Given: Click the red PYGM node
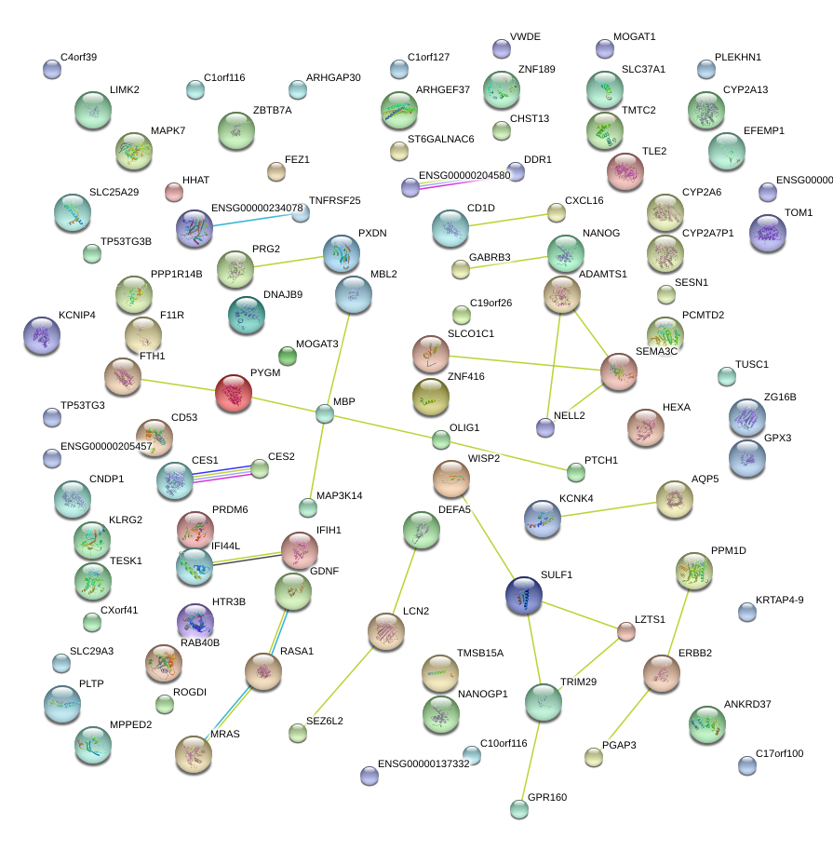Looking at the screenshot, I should point(234,394).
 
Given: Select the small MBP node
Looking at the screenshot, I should point(324,413).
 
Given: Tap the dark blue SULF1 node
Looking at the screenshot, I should point(524,596).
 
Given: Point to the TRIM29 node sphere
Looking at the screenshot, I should point(544,703).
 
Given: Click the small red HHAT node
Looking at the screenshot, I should point(174,193).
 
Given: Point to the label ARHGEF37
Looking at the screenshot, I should point(443,89).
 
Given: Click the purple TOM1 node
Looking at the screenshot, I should point(768,233).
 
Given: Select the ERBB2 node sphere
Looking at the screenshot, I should point(662,673).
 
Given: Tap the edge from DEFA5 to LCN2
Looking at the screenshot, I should point(404,580).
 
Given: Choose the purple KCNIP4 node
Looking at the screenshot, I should point(41,336).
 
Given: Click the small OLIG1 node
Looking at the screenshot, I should point(441,439).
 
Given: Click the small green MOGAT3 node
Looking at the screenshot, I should point(288,356).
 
